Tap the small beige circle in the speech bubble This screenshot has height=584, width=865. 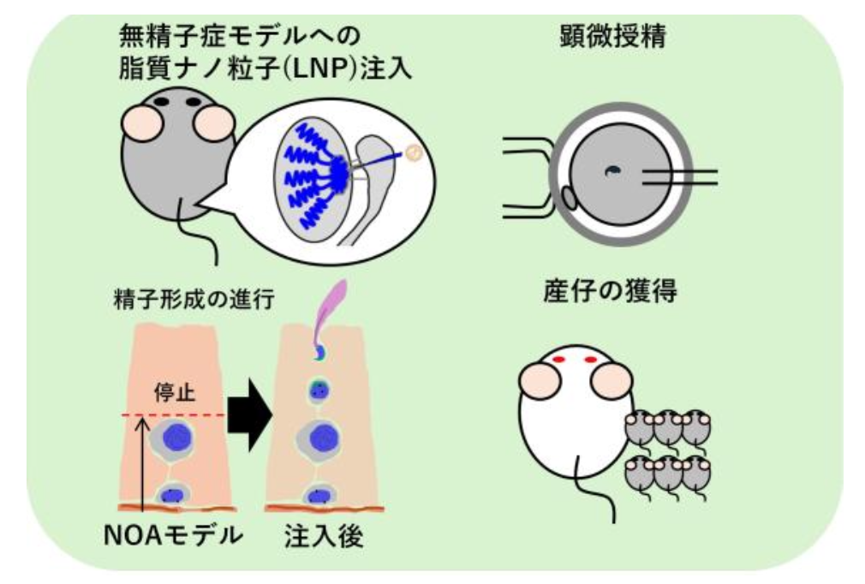[413, 152]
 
